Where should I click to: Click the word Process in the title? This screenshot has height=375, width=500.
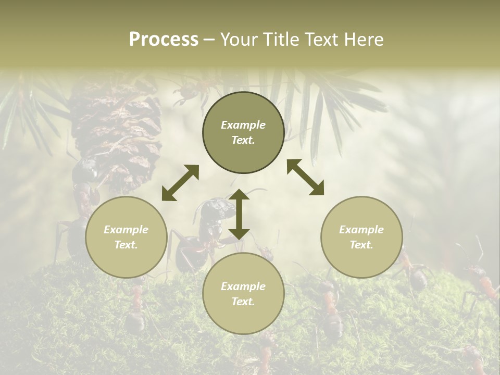tap(164, 40)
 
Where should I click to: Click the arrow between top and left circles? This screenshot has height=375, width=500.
tap(180, 183)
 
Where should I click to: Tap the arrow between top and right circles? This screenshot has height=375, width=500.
tap(305, 178)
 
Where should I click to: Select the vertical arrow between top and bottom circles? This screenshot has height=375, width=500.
tap(239, 214)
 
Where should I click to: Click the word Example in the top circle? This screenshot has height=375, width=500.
tap(243, 125)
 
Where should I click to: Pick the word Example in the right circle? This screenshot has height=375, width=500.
tap(361, 230)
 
